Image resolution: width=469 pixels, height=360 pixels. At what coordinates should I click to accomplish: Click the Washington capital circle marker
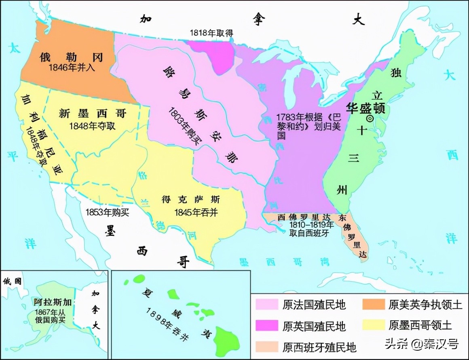(x=369, y=118)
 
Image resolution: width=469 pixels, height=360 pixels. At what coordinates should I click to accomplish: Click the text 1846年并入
(x=72, y=68)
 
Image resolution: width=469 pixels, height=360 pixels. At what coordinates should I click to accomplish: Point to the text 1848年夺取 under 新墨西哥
(x=93, y=125)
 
